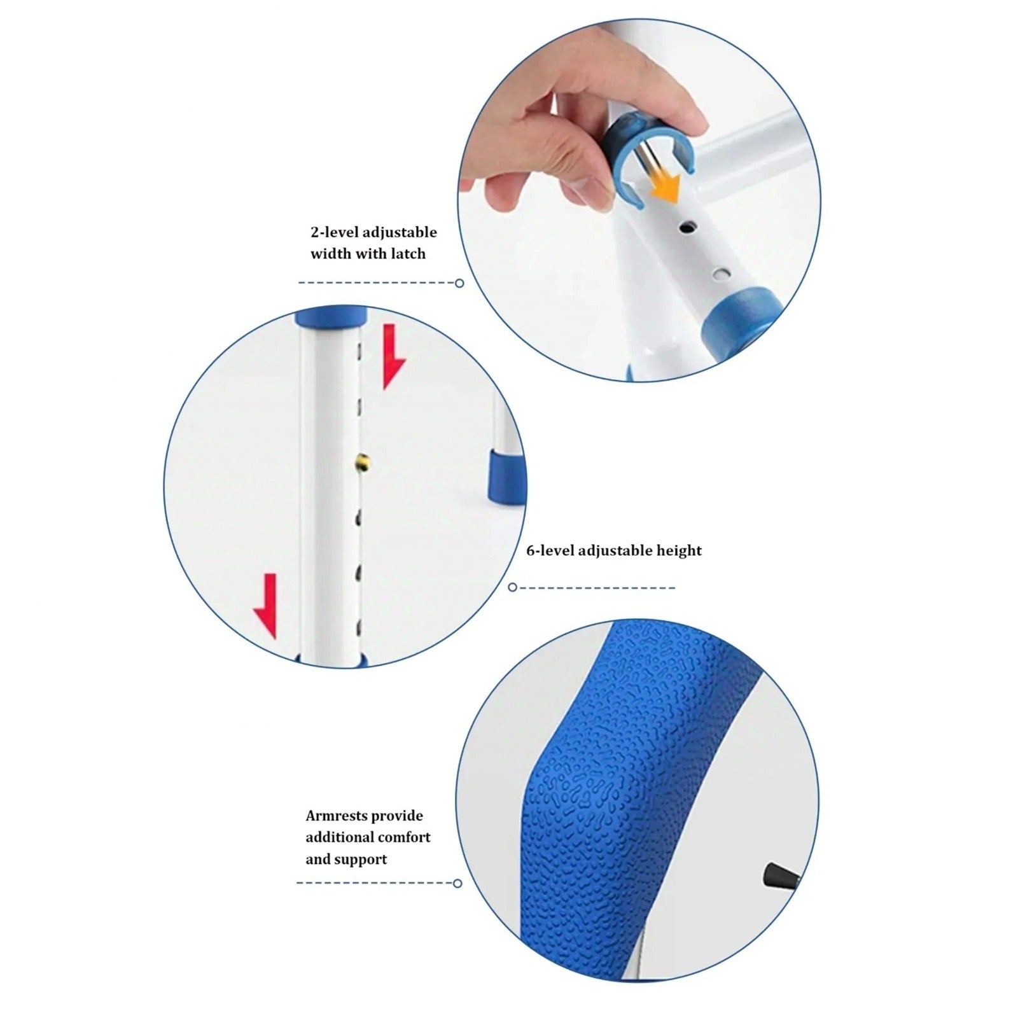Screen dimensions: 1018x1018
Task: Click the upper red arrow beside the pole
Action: [392, 357]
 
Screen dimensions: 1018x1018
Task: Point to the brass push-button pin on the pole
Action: [362, 459]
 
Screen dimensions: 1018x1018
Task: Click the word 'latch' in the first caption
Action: [408, 254]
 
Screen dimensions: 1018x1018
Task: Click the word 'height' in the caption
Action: [681, 551]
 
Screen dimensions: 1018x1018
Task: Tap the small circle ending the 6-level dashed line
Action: [513, 587]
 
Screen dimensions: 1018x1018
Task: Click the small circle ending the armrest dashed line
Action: [457, 883]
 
